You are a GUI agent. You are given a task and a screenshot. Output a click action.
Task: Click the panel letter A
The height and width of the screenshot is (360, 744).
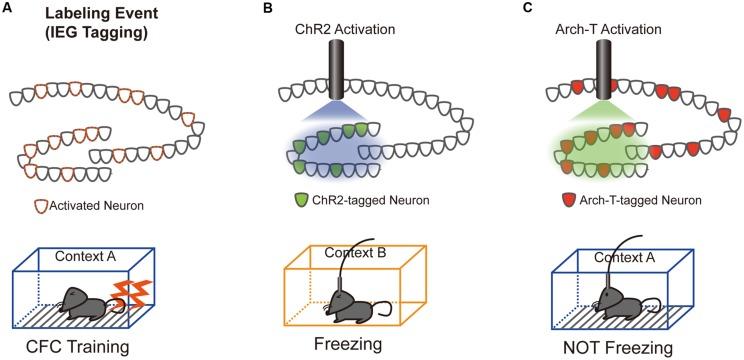(x=8, y=9)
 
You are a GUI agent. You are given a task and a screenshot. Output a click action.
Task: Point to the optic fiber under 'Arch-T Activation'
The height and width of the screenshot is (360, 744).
(x=604, y=76)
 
